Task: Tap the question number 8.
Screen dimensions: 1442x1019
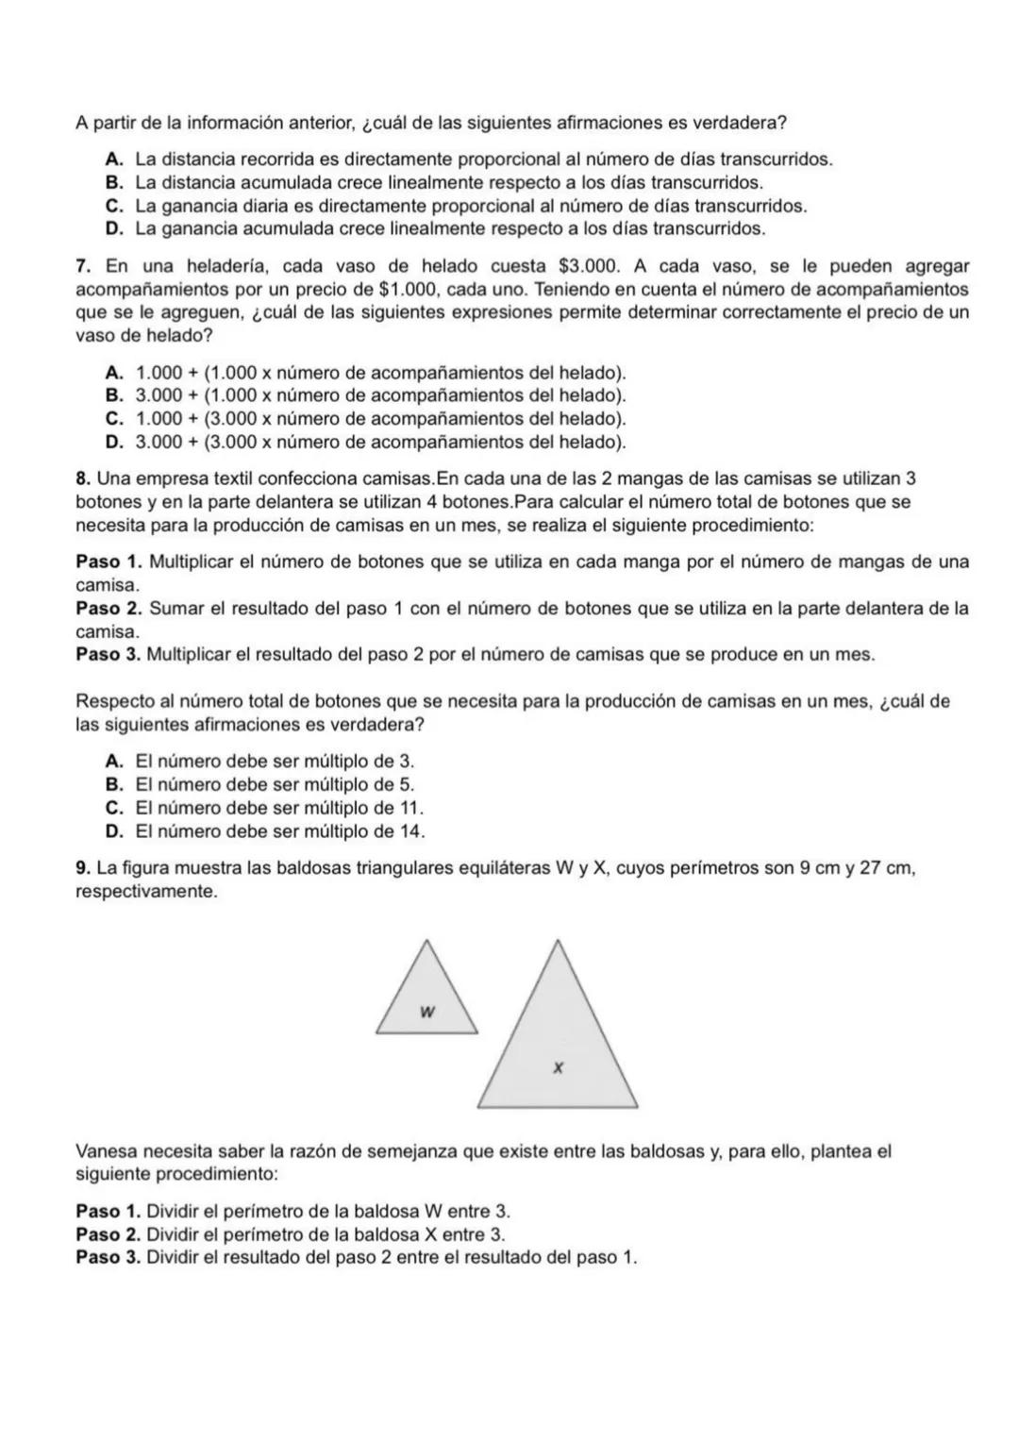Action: (x=83, y=479)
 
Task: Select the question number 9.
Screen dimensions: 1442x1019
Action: (x=83, y=867)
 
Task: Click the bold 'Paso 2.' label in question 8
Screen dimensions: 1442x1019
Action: (x=109, y=609)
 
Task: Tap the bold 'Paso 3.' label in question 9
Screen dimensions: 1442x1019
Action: (x=109, y=1258)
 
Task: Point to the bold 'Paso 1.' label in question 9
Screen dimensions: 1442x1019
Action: (x=109, y=1211)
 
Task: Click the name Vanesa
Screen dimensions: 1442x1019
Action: (x=106, y=1151)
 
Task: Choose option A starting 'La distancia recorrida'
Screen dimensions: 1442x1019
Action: (x=472, y=159)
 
